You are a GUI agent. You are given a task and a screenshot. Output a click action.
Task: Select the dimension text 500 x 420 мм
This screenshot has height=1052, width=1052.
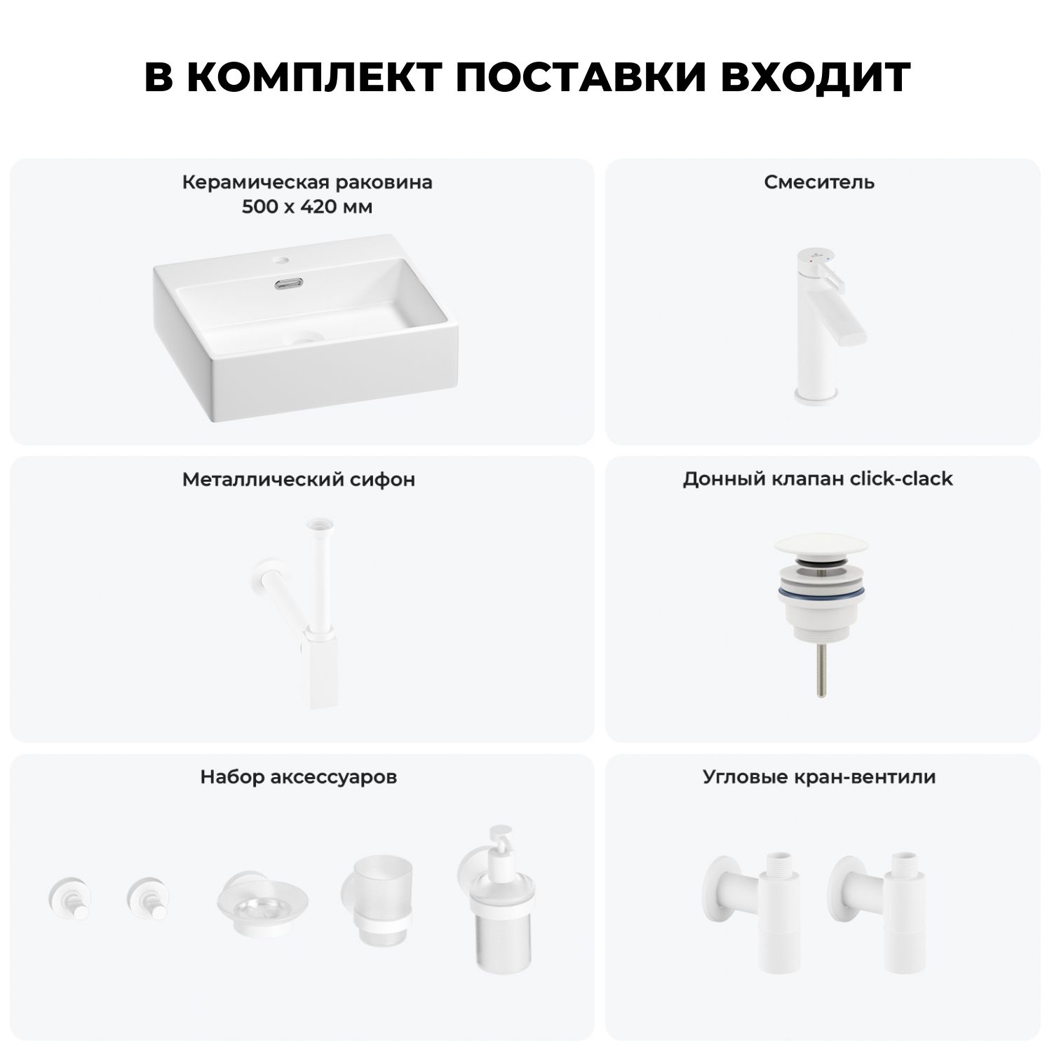click(x=307, y=208)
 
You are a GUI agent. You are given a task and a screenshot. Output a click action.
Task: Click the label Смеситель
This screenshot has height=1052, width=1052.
click(x=819, y=182)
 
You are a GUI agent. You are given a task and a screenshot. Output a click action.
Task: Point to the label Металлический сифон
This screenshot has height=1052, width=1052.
click(x=299, y=480)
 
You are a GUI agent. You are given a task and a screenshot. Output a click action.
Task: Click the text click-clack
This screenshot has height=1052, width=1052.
click(x=901, y=479)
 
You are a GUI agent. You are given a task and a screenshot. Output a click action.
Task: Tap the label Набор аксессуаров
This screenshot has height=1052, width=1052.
click(x=299, y=777)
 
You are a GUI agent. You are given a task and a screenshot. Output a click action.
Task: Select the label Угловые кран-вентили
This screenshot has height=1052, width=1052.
click(x=819, y=777)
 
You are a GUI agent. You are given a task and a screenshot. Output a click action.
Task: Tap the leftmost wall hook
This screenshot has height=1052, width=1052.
click(x=68, y=898)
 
